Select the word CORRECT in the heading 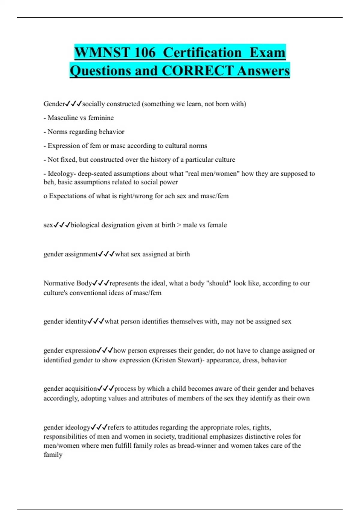tap(198, 71)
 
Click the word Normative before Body tap(59, 283)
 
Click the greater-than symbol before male tap(179, 225)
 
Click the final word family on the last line tap(53, 455)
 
